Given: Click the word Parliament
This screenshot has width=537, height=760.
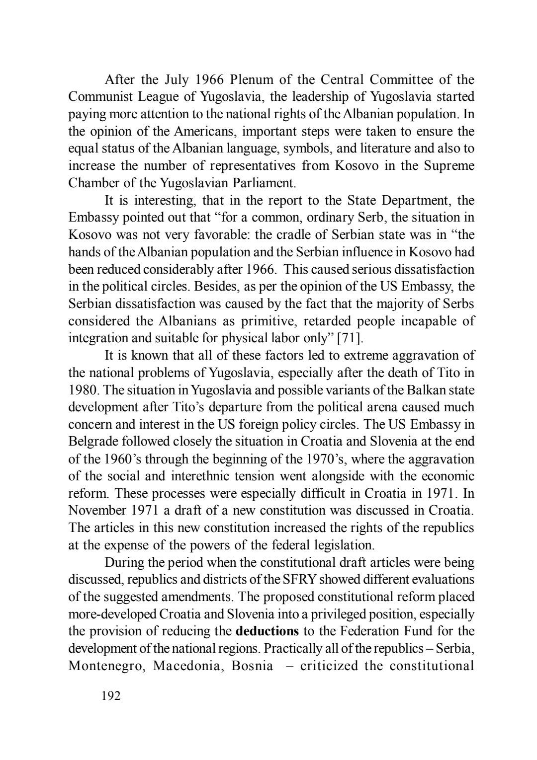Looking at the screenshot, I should tap(267, 183).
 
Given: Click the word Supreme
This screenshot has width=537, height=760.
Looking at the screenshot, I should tap(449, 165).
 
